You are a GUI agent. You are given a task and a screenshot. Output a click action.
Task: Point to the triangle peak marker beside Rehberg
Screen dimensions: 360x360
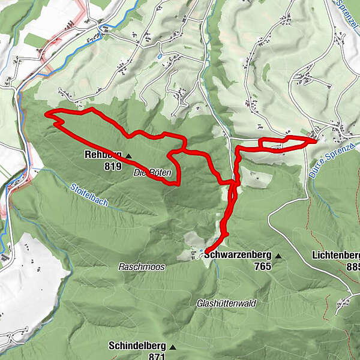pos(128,155)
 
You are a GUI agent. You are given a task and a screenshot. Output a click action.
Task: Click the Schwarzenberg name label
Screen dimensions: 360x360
pos(237,254)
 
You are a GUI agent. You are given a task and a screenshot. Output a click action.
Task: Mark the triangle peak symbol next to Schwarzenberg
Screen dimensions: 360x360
pos(278,255)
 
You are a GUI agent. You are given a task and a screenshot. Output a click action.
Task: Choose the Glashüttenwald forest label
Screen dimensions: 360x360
pos(226,304)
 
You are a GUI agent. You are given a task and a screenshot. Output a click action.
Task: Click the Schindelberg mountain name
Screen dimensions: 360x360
pos(137,346)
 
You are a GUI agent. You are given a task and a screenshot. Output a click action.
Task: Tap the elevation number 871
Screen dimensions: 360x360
pos(157,356)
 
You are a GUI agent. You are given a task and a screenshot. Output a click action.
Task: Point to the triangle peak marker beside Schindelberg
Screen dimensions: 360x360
pos(173,346)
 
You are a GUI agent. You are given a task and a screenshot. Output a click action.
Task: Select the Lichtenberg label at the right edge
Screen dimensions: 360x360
pos(336,255)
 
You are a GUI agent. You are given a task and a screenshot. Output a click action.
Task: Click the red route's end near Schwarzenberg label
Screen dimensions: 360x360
pos(206,251)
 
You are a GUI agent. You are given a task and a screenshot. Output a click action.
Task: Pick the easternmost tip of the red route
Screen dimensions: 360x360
pos(316,140)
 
